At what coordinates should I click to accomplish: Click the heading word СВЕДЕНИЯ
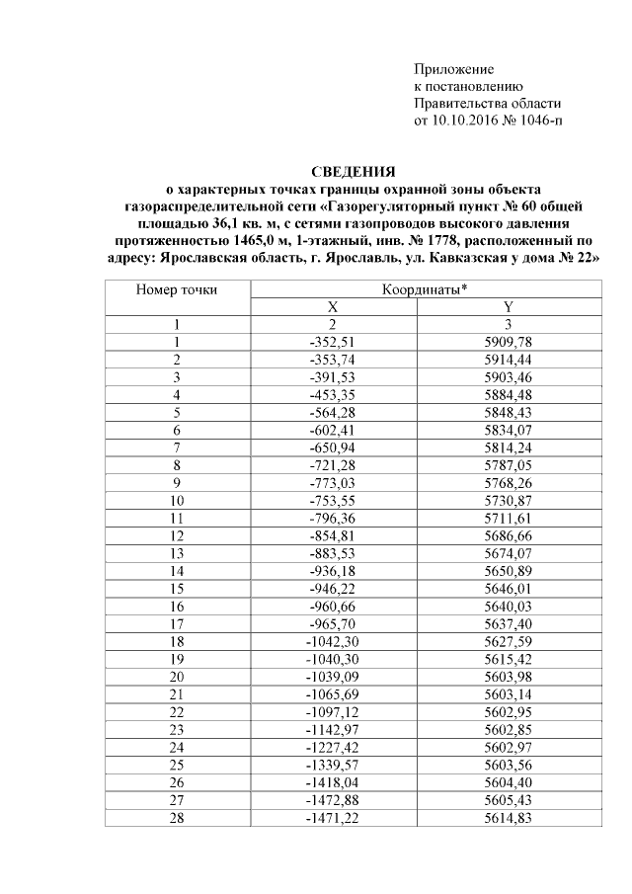353,172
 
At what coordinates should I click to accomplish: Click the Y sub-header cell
508,307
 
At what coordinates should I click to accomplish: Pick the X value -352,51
333,341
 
